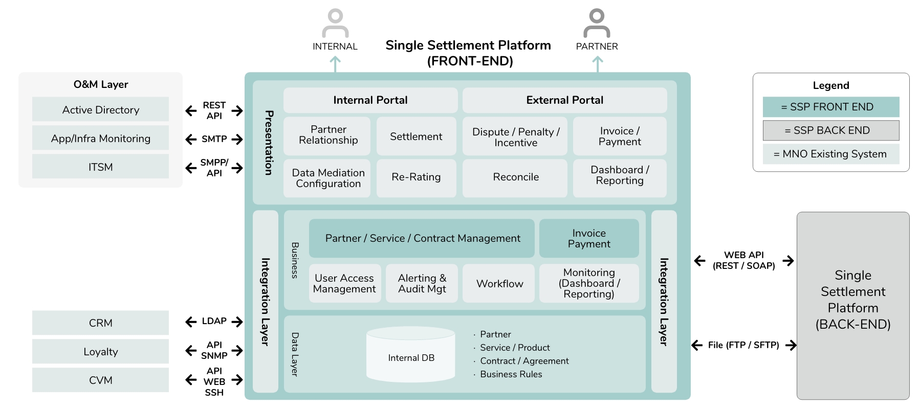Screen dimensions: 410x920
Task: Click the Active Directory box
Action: coord(100,109)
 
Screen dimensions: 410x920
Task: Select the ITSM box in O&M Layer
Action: coord(100,167)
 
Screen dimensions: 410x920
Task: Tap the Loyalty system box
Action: coord(100,352)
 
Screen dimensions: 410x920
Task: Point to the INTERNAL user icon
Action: coord(335,23)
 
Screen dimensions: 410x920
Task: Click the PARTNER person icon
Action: coord(597,23)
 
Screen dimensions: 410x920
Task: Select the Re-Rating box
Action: coord(416,177)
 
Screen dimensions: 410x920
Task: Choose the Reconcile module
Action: coord(515,177)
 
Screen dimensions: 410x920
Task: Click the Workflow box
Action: coord(499,284)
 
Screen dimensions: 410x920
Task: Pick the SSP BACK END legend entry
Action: coord(830,130)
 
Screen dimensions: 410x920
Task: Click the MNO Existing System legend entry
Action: coord(830,154)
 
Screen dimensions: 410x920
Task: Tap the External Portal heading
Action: coord(564,100)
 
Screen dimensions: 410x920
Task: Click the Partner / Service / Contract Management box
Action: coord(422,238)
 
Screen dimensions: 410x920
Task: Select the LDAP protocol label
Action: coord(214,321)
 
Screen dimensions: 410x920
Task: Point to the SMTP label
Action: coord(214,139)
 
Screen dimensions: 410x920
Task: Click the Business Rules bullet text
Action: coord(511,374)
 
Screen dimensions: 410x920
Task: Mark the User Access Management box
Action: coord(344,284)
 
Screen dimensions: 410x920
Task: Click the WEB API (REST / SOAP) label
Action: coord(743,260)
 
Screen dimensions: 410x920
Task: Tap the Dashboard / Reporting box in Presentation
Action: coord(619,175)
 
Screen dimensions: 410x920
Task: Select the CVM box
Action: coord(100,380)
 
